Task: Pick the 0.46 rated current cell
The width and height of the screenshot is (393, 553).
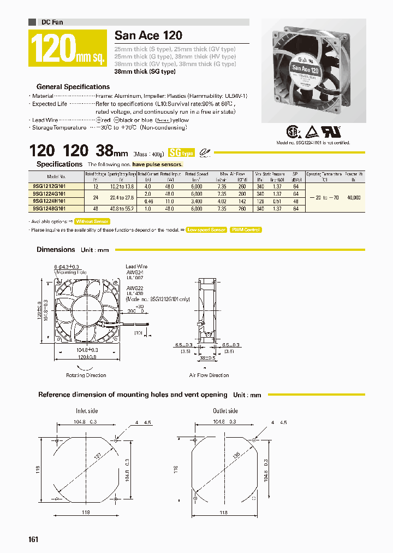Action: [147, 201]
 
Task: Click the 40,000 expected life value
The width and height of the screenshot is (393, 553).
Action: [353, 197]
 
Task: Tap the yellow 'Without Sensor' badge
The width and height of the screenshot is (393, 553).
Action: [92, 221]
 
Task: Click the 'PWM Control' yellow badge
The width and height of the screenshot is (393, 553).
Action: [246, 230]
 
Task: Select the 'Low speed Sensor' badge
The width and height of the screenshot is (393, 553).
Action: [206, 230]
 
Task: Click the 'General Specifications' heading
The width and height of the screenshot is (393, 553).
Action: [73, 86]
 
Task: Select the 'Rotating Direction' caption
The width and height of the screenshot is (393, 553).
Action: [86, 375]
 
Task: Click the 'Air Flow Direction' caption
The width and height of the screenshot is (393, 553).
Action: [209, 375]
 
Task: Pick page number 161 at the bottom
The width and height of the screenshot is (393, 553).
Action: [33, 539]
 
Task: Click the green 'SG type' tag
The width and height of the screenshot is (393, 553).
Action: [181, 153]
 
